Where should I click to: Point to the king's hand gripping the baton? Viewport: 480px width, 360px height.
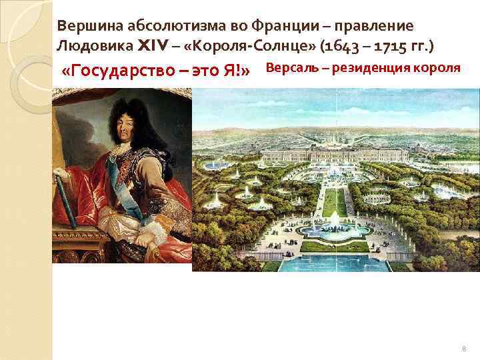click(63, 177)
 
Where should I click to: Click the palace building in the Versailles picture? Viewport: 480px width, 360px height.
click(333, 155)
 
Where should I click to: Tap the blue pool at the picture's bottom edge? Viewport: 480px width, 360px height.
click(333, 263)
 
